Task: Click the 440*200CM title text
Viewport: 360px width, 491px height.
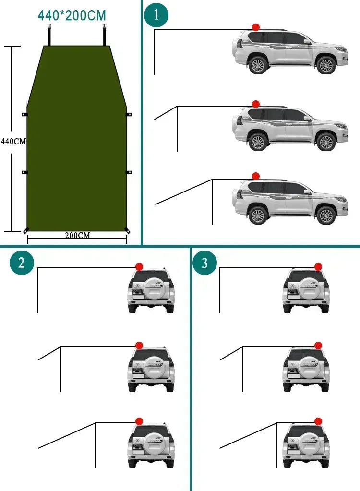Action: click(72, 15)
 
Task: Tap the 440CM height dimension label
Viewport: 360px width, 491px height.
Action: click(13, 141)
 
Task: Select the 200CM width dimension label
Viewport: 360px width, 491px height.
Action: click(77, 235)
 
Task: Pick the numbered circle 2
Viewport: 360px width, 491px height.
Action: click(22, 263)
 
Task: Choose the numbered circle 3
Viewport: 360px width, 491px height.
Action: click(204, 263)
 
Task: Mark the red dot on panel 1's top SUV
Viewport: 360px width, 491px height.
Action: click(256, 27)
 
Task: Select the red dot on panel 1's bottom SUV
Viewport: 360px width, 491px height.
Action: click(256, 176)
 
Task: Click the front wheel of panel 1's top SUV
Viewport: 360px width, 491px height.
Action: click(326, 65)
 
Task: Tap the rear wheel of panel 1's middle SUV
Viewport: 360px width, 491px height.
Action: click(258, 142)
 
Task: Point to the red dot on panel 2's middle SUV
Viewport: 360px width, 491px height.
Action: click(139, 345)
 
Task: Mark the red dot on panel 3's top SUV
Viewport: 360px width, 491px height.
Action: click(318, 267)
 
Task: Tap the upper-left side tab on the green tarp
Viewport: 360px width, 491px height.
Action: click(24, 114)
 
